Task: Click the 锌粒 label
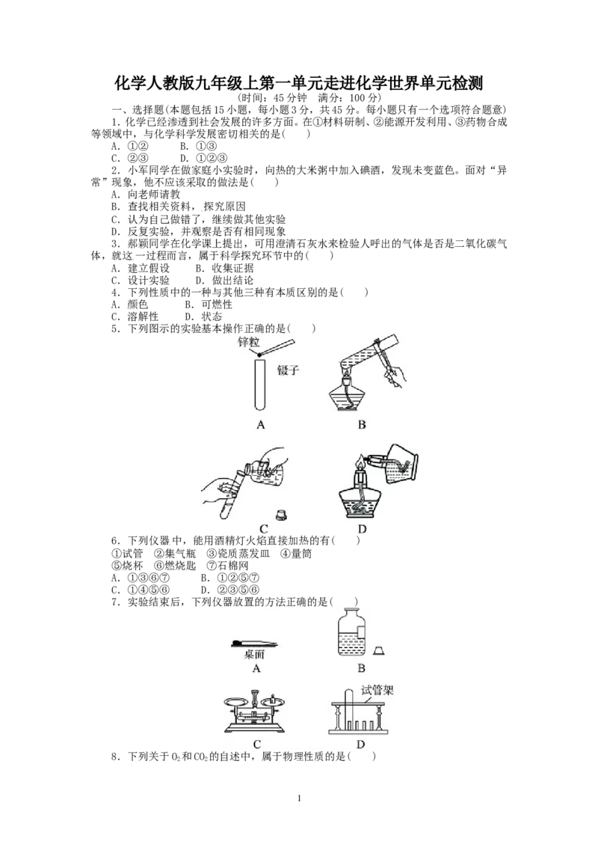pyautogui.click(x=247, y=341)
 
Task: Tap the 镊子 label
pyautogui.click(x=289, y=370)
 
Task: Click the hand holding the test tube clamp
pyautogui.click(x=395, y=374)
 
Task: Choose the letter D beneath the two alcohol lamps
pyautogui.click(x=362, y=530)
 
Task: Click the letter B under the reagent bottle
pyautogui.click(x=361, y=669)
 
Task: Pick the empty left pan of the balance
pyautogui.click(x=238, y=702)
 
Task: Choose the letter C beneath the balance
pyautogui.click(x=256, y=744)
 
